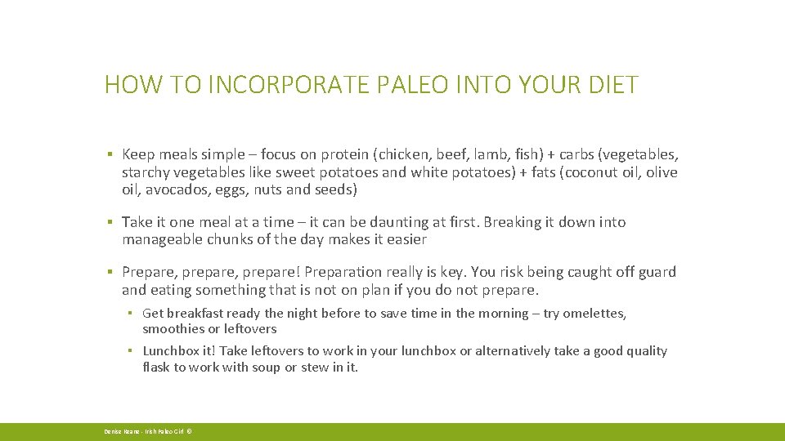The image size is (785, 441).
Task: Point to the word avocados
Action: [175, 189]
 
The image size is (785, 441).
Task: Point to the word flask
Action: [156, 367]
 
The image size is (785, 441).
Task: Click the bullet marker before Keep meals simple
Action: [109, 154]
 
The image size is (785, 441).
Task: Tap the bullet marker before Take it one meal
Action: [109, 222]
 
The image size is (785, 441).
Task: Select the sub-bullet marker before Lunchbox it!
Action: [130, 351]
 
